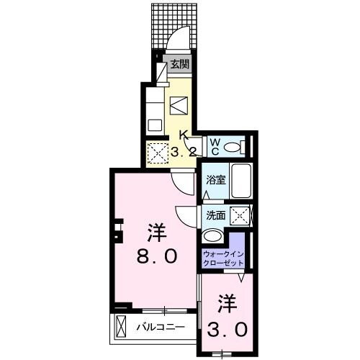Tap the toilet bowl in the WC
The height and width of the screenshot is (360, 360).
tap(233, 146)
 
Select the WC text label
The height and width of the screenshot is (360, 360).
tap(215, 146)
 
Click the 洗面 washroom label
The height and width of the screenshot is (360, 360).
tap(215, 215)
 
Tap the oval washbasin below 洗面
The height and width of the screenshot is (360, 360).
tap(213, 236)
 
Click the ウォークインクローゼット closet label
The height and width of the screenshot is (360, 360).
tap(224, 258)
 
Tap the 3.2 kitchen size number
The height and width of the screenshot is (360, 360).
tap(183, 152)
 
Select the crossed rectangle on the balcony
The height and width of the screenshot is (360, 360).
tap(120, 326)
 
